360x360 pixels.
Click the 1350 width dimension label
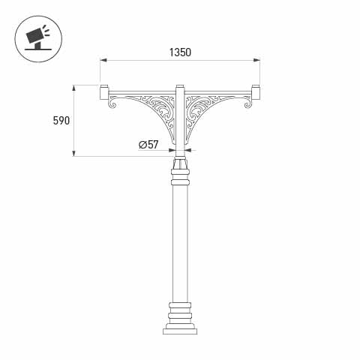[x=180, y=52]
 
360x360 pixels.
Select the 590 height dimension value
[x=61, y=121]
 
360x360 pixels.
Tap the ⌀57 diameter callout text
[x=148, y=145]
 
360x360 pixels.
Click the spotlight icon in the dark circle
[x=34, y=35]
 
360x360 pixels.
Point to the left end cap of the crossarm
[x=103, y=93]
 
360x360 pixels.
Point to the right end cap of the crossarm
[x=256, y=93]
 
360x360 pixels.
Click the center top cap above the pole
[x=179, y=88]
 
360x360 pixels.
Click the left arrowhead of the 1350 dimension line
[x=102, y=60]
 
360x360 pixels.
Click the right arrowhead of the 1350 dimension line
[x=257, y=60]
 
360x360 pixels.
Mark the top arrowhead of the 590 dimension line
[x=74, y=87]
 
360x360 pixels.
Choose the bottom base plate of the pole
[x=180, y=330]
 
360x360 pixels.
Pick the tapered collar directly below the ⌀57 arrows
[x=180, y=163]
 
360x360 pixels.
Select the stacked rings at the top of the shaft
[x=180, y=178]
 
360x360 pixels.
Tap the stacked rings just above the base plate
[x=180, y=313]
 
